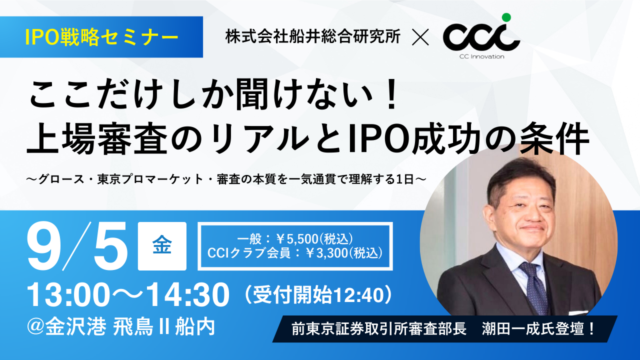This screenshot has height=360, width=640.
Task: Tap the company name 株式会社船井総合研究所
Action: pos(312,37)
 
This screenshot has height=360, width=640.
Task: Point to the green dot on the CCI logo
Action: pos(506,17)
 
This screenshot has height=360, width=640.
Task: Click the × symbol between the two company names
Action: pos(420,38)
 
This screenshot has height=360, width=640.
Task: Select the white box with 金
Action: pos(162,245)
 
